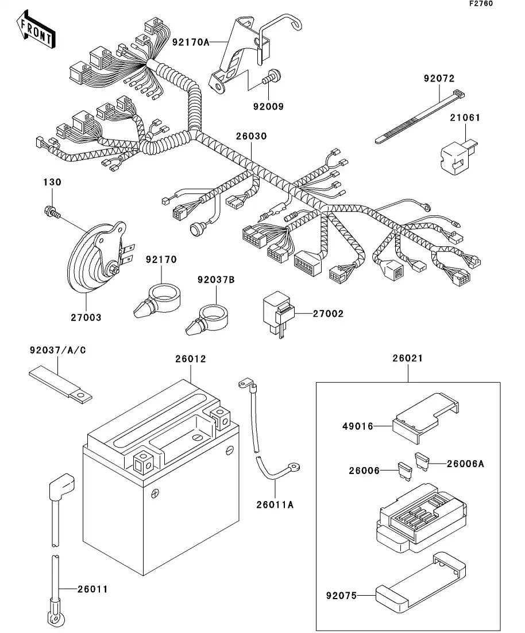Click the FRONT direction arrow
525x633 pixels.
pyautogui.click(x=36, y=32)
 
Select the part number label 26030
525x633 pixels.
pyautogui.click(x=251, y=137)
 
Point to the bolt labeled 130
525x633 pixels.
pyautogui.click(x=51, y=212)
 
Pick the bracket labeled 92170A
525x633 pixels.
pyautogui.click(x=241, y=55)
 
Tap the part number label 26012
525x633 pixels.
pyautogui.click(x=191, y=359)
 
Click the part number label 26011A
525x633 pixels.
pyautogui.click(x=275, y=504)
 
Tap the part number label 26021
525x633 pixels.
pyautogui.click(x=408, y=359)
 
